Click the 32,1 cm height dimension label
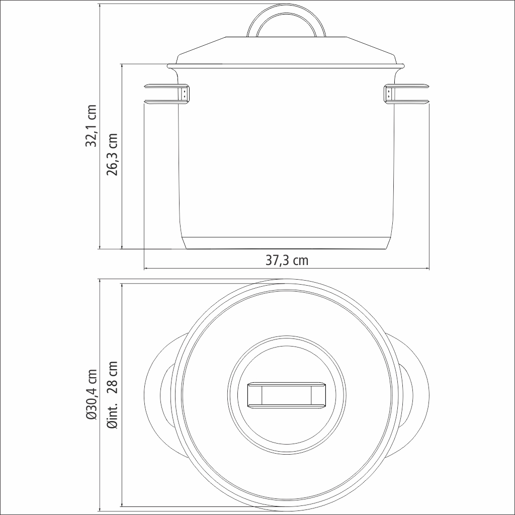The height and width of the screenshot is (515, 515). point(91,125)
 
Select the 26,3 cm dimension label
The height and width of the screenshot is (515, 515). point(112,154)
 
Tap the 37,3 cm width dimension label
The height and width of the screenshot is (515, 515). point(287,261)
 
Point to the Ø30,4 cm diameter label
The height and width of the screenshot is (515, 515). point(91,394)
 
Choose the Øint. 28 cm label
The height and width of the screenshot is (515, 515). point(112,394)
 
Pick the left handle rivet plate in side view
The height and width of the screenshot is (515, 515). point(185,93)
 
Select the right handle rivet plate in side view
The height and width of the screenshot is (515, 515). point(388,93)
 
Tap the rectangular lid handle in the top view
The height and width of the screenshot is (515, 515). point(286,395)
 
